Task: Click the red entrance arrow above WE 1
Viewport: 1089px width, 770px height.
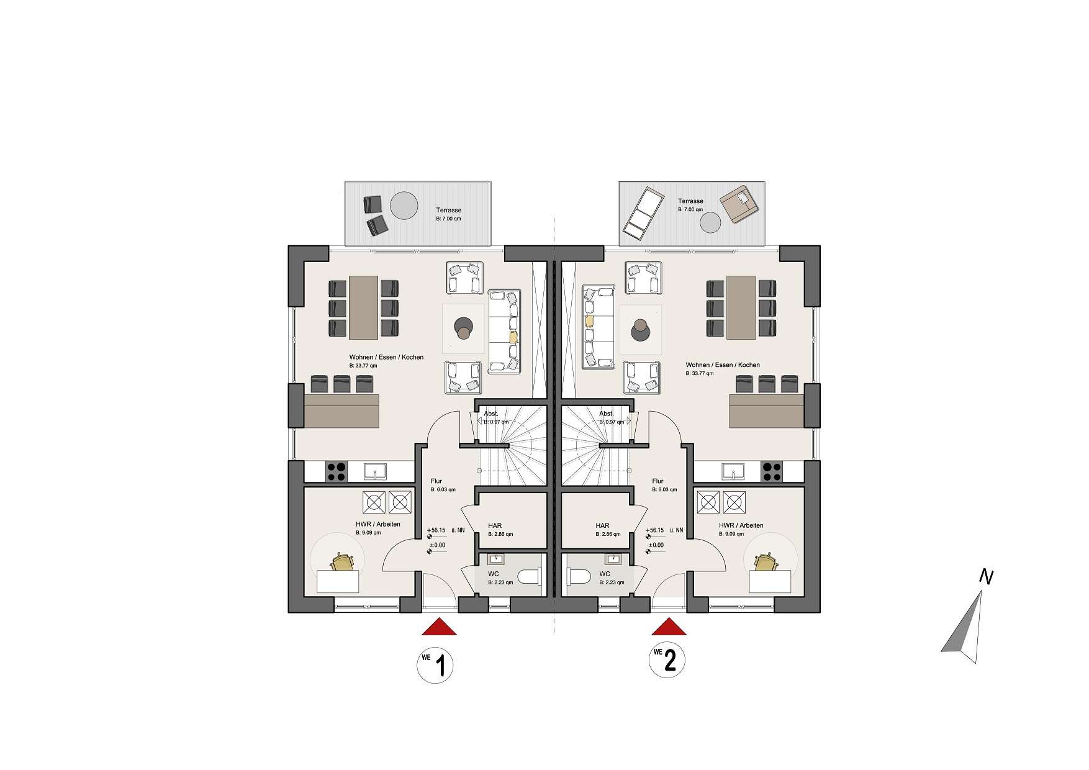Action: click(439, 628)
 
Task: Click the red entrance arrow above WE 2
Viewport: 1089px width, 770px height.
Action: click(669, 628)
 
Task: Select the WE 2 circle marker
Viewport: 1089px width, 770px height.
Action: click(666, 661)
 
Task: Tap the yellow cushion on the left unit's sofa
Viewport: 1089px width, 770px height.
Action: click(513, 338)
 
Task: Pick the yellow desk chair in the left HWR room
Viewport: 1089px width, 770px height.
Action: click(341, 562)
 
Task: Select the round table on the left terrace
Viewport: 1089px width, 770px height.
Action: click(404, 206)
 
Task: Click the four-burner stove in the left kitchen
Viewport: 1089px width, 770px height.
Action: click(336, 472)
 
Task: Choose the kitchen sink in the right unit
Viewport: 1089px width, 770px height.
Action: click(733, 472)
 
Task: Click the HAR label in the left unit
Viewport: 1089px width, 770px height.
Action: click(495, 525)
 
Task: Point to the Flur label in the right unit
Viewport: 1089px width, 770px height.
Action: click(658, 481)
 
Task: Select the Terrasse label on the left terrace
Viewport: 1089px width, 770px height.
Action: click(448, 210)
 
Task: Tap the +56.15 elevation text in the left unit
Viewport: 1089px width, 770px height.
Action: click(436, 530)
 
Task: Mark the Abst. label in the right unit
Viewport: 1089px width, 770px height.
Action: click(606, 414)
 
